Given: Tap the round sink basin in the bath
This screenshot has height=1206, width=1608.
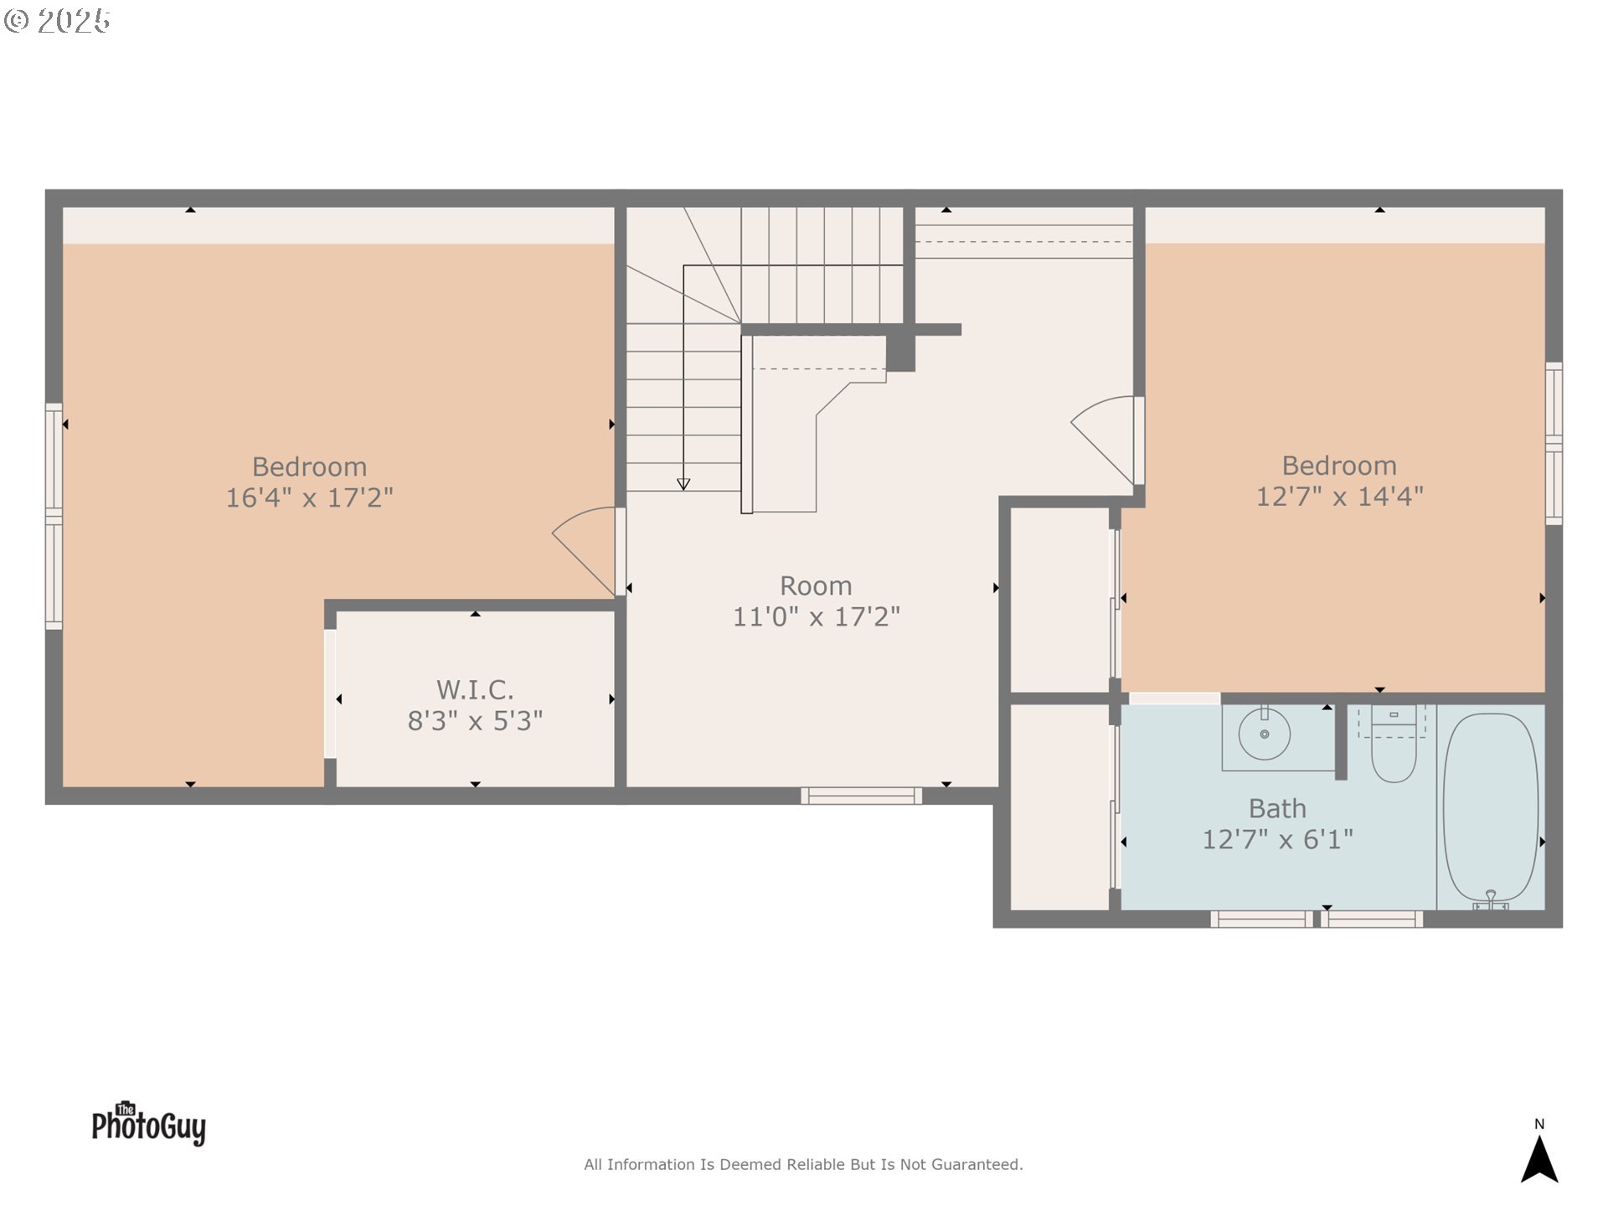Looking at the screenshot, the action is (1264, 734).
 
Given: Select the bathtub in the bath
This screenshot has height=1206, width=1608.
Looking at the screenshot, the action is (1491, 807).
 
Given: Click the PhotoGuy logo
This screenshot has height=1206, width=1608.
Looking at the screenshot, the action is (149, 1123).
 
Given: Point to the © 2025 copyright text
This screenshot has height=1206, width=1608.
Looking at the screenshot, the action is (57, 21).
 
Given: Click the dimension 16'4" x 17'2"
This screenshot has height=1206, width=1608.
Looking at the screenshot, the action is (309, 497).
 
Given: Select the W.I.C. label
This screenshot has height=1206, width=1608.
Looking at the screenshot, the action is (475, 690).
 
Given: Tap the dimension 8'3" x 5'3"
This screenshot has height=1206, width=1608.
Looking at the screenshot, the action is (475, 721).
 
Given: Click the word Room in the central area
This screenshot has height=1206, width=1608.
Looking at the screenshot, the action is (816, 585).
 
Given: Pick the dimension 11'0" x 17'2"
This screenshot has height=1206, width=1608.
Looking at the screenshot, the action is (817, 617).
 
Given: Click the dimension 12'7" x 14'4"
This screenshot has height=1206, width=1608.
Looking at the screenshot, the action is (1339, 496).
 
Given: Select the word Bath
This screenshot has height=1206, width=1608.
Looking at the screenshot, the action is (1277, 808).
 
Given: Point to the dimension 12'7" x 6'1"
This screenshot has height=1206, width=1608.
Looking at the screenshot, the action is (1277, 839).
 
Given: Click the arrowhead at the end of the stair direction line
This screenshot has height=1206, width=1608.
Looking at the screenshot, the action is (683, 484).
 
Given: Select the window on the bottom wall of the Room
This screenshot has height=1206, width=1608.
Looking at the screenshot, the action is (861, 796).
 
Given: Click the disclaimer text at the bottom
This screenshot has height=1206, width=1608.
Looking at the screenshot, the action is (803, 1164).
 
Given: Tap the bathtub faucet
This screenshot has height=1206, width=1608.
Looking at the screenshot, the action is (1490, 900).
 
